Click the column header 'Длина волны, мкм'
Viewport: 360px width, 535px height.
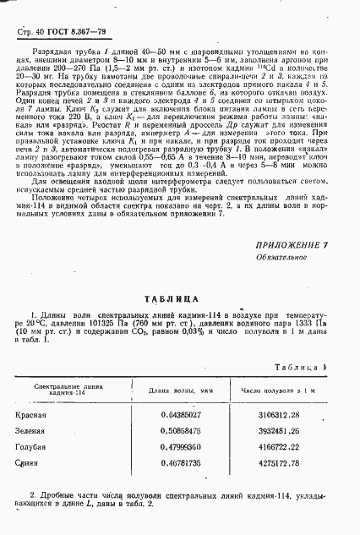coord(181,390)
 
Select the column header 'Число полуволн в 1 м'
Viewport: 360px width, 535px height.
coord(278,390)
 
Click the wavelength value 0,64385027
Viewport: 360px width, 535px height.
coord(181,415)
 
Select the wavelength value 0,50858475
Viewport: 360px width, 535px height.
coord(181,432)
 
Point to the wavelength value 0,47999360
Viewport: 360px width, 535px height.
coord(181,448)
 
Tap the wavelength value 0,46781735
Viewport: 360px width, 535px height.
coord(181,464)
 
